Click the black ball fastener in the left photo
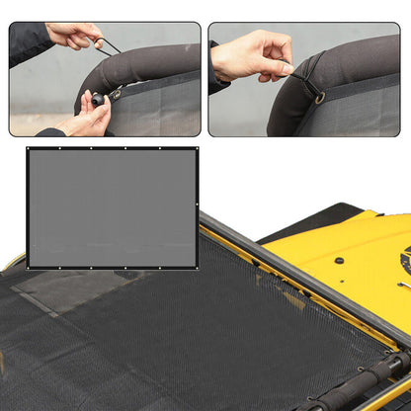pos(98,99)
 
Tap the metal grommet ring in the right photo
pos(319,97)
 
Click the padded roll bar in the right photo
pos(356,69)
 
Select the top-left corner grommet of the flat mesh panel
pos(30,150)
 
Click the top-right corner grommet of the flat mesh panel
pos(196,150)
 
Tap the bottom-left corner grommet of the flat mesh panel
pos(30,266)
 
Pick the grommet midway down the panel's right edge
pos(196,207)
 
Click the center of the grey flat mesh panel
pos(112,207)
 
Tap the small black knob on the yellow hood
pos(339,260)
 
